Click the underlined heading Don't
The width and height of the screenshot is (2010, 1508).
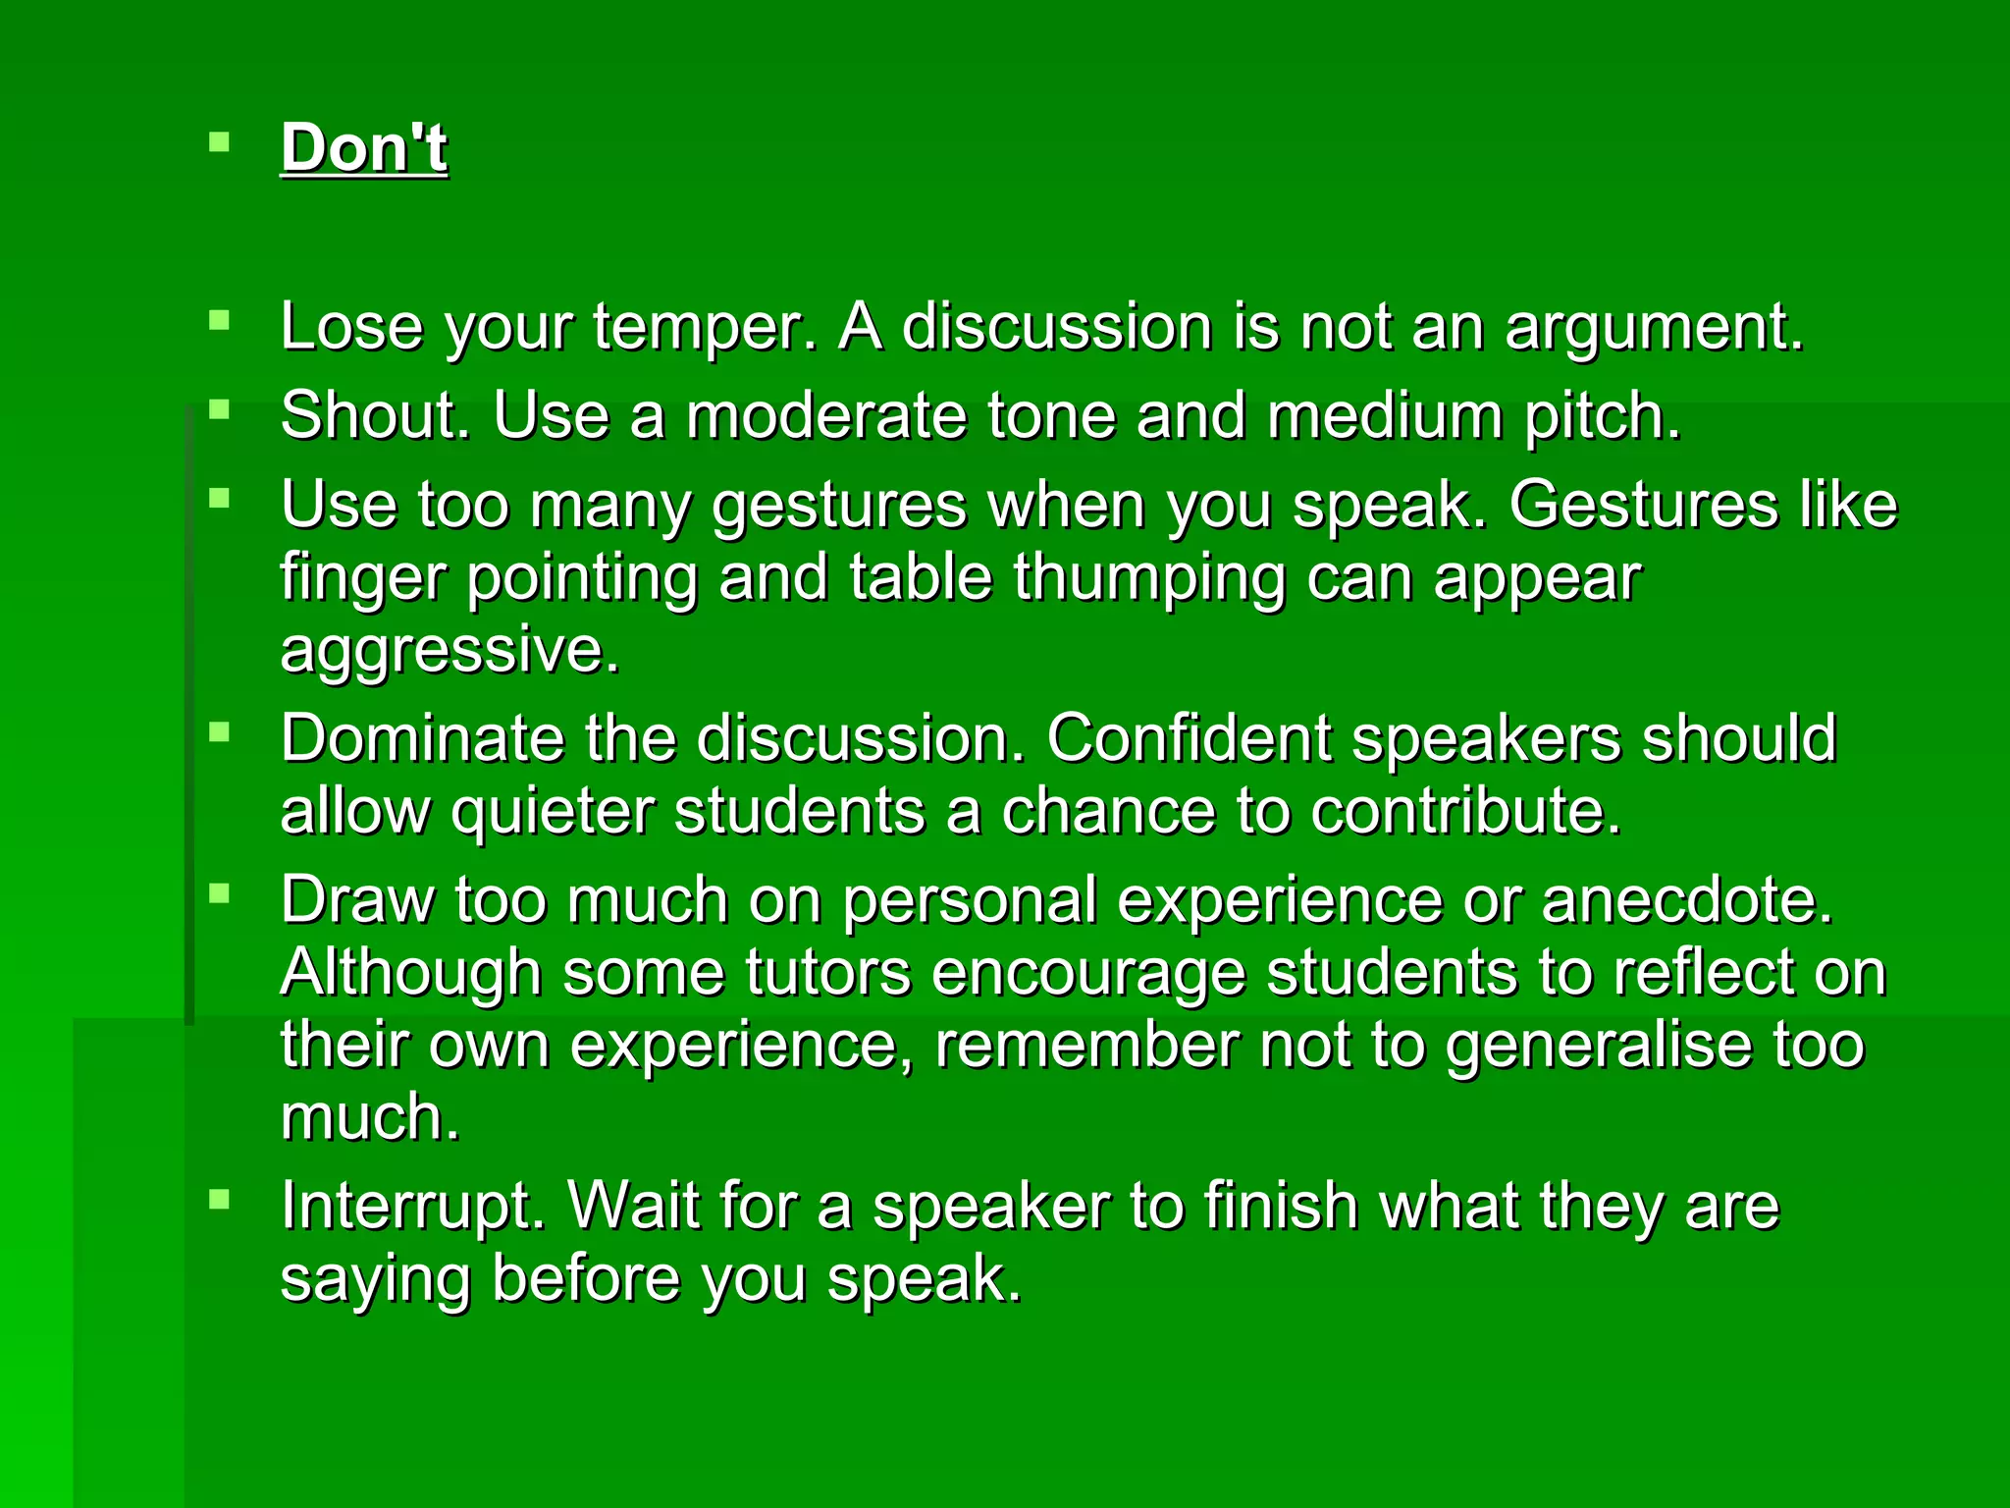coord(364,148)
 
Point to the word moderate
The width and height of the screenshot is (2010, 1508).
coord(826,415)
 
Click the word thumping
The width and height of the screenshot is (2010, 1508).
coord(1148,578)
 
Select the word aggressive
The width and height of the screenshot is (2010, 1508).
coord(450,651)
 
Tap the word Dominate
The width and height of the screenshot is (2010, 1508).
coord(422,738)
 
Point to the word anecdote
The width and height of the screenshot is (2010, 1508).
coord(1686,899)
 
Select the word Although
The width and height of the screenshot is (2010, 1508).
coord(410,973)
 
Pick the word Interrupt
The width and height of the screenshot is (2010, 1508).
coord(412,1206)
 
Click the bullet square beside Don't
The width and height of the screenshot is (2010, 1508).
coord(219,144)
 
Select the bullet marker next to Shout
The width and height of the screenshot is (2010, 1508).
coord(219,409)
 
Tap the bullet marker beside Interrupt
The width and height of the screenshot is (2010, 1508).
coord(219,1200)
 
